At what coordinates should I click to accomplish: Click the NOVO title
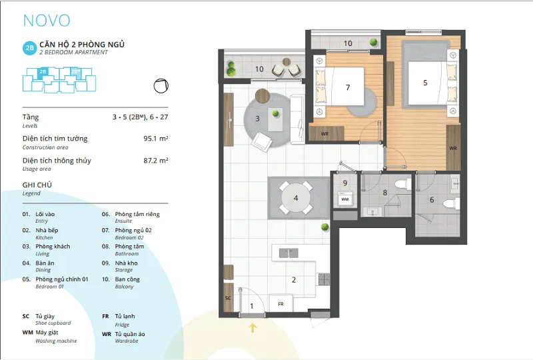47,21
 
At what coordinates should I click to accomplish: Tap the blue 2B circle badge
29,48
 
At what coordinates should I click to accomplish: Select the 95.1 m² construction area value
156,139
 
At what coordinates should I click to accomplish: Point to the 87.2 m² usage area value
156,160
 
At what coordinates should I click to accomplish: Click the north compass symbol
161,86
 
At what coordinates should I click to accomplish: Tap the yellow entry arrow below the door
253,328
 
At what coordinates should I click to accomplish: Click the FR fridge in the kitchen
280,303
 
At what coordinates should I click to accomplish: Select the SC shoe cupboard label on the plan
228,298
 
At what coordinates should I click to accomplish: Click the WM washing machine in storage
345,199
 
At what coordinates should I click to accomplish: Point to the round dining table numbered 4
296,198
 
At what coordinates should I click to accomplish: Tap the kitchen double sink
288,253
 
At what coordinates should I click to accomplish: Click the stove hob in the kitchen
324,279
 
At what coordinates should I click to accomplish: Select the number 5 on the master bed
425,83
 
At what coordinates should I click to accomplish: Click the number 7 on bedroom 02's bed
348,87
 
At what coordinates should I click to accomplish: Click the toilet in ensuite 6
452,204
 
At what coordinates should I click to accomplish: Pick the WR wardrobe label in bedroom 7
324,134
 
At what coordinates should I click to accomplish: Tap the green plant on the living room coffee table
276,113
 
